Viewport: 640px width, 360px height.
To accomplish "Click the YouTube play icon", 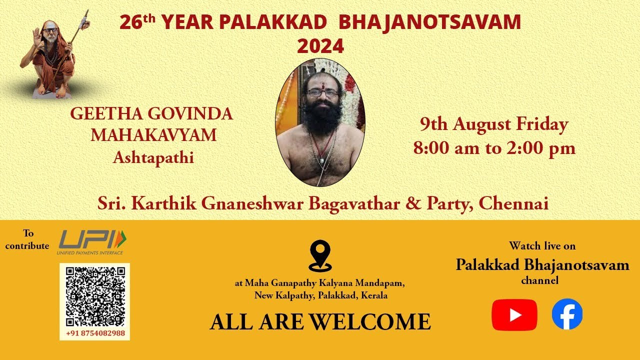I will (x=514, y=315).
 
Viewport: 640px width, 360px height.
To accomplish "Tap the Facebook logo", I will (x=567, y=314).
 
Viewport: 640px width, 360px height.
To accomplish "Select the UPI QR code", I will (x=94, y=296).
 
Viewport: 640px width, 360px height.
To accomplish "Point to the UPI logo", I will (x=92, y=242).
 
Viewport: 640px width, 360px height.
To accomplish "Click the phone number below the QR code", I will (x=95, y=333).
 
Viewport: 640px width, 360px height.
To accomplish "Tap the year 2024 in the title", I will (x=320, y=46).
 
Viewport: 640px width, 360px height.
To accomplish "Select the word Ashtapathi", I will (x=153, y=157).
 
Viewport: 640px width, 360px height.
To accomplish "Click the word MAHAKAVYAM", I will (x=153, y=135).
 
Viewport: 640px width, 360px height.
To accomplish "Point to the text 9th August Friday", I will (x=493, y=124).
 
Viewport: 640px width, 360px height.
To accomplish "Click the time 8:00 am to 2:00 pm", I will (x=494, y=148).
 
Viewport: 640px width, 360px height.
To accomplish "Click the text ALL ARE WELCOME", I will (x=320, y=321).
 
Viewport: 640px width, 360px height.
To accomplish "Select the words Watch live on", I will (x=542, y=245).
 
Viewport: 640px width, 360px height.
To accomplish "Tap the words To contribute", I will (x=27, y=239).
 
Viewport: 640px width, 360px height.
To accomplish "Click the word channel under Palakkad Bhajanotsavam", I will (x=539, y=280).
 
